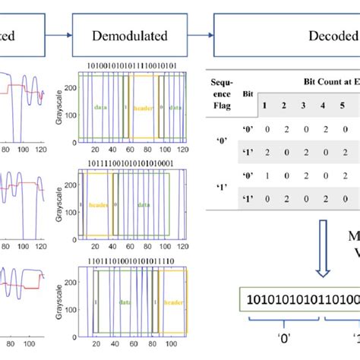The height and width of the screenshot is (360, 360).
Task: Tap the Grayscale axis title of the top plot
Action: point(60,109)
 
